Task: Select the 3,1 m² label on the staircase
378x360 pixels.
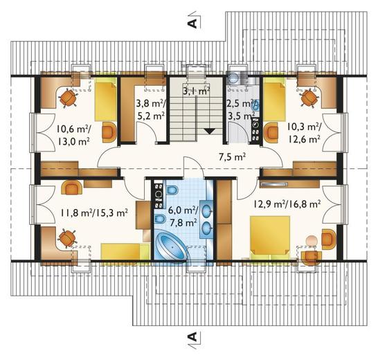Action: click(x=196, y=91)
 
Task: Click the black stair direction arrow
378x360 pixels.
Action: click(x=209, y=131)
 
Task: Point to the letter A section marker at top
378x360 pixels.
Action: click(x=192, y=23)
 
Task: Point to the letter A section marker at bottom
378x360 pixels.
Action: click(x=192, y=336)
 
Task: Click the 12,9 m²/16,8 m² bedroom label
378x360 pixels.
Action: click(x=287, y=204)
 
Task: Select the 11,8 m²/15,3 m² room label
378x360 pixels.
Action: click(x=93, y=213)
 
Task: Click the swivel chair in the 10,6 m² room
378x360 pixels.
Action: click(x=69, y=97)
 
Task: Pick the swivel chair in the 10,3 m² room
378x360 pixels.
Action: click(x=309, y=98)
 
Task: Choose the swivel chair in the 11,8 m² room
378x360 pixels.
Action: click(x=67, y=239)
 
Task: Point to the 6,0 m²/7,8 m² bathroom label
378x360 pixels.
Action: click(x=183, y=216)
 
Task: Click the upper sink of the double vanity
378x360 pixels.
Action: click(x=207, y=211)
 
